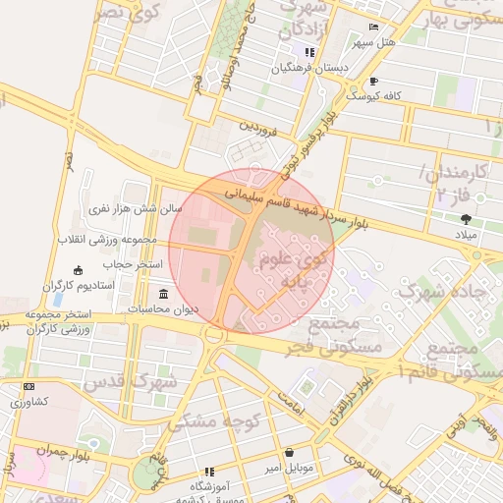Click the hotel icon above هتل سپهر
(x=372, y=28)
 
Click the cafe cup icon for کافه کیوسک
(x=373, y=81)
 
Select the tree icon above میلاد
(x=465, y=219)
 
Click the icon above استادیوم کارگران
(x=79, y=270)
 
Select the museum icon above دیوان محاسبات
(x=163, y=294)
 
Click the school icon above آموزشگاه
(x=208, y=472)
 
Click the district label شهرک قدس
(x=131, y=380)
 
